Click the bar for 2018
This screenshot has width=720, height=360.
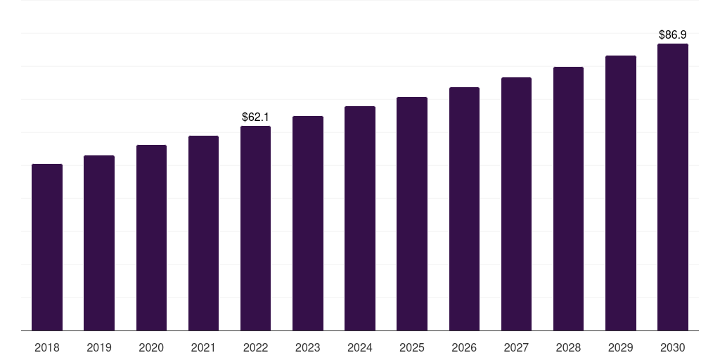coord(47,247)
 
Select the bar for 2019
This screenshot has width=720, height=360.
coord(99,243)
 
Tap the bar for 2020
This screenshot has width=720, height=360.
coord(151,238)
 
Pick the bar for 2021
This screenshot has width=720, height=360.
coord(203,233)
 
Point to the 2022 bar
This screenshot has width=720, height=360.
coord(255,228)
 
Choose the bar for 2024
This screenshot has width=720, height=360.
coord(360,218)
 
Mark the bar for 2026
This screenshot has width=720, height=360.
coord(464,209)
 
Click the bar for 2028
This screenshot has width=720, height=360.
coord(568,198)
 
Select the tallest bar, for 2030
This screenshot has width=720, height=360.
coord(673,187)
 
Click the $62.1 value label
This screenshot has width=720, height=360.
coord(256,117)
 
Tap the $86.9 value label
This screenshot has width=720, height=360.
coord(673,34)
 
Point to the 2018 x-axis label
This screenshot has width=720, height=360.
coord(47,347)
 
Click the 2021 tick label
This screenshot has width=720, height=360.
coord(203,347)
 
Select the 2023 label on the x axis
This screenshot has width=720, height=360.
coord(308,347)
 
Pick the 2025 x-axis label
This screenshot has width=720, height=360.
coord(412,347)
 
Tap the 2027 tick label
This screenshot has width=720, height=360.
coord(516,347)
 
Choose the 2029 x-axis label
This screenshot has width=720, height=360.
coord(621,347)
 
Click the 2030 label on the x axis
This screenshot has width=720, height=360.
coord(673,347)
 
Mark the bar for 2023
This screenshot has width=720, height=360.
coord(308,223)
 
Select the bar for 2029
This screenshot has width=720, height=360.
coord(621,193)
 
